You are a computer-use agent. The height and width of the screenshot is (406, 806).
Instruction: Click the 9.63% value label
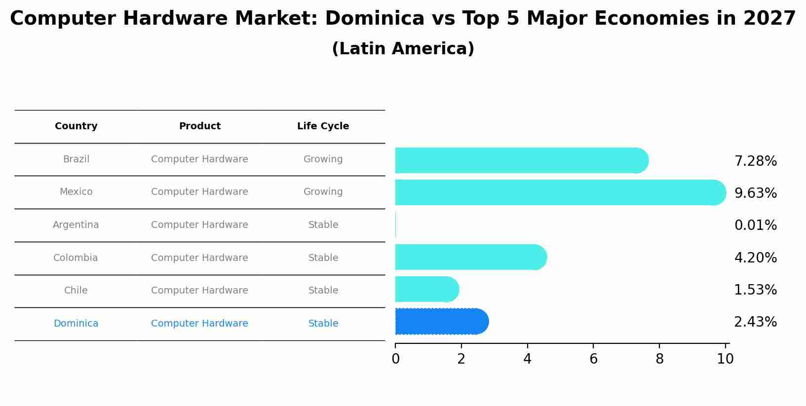tap(755, 193)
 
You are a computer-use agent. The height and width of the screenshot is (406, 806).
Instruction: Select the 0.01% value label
tap(755, 225)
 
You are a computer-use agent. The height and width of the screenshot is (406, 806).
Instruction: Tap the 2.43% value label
tap(755, 322)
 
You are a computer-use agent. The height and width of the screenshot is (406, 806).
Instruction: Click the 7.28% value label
tap(755, 161)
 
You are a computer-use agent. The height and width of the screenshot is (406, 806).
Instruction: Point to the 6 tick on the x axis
tap(593, 359)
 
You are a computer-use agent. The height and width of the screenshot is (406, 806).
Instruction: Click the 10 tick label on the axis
tap(725, 359)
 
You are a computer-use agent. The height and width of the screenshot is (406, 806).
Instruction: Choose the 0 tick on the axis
tap(395, 359)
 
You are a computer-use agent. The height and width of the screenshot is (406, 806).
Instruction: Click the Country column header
tap(76, 126)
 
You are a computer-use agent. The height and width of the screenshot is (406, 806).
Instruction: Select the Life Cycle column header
tap(323, 126)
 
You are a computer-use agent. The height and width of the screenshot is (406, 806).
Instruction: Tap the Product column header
tap(199, 126)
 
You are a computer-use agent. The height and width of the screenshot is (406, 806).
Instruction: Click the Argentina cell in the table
tap(76, 225)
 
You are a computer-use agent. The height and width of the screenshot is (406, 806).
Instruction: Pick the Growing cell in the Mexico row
tap(323, 192)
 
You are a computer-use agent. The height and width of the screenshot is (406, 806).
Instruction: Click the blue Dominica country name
tap(76, 324)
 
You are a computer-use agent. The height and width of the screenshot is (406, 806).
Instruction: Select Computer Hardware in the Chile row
tap(199, 291)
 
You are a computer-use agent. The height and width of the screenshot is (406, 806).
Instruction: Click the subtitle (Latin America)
tap(403, 49)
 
